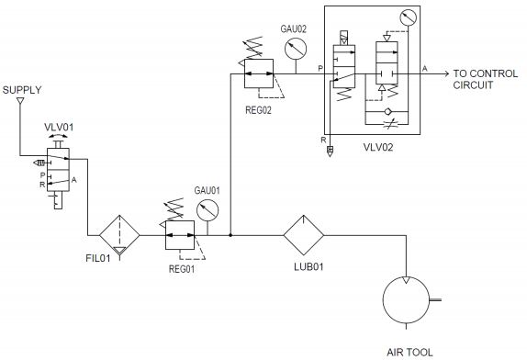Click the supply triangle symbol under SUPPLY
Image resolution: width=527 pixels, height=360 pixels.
(x=19, y=103)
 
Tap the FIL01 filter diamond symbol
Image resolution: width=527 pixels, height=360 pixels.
(x=118, y=234)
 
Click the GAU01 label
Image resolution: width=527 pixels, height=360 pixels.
(x=207, y=189)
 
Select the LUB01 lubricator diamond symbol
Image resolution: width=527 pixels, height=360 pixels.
(x=304, y=235)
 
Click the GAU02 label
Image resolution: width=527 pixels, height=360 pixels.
(x=293, y=29)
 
